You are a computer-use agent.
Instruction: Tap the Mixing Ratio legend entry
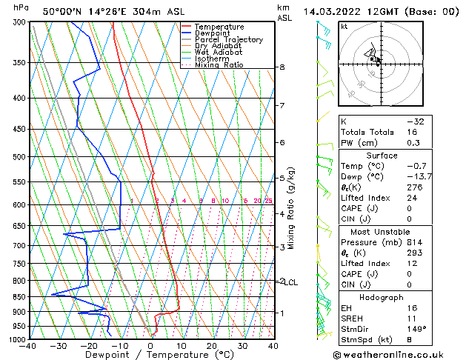219,65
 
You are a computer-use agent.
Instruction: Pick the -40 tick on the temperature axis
29,346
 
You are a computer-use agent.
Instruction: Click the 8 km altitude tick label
282,67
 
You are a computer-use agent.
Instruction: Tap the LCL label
291,282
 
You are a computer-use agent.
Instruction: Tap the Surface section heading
381,156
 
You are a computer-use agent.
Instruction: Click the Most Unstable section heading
381,231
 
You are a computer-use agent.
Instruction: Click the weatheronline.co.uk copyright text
397,355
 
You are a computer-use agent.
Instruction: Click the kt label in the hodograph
344,27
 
